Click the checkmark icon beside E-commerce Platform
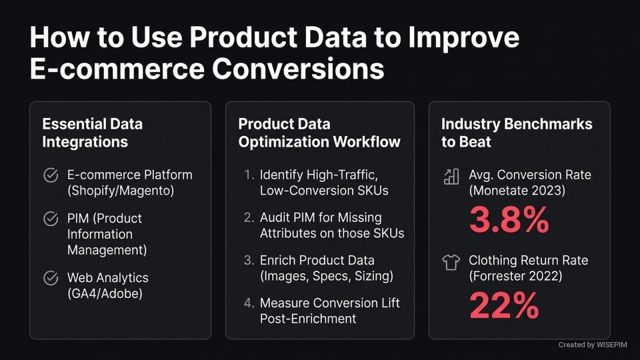pyautogui.click(x=50, y=175)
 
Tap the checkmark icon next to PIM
pyautogui.click(x=50, y=219)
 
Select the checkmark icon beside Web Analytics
pyautogui.click(x=50, y=278)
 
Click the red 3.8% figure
pyautogui.click(x=509, y=221)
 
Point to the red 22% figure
pyautogui.click(x=503, y=305)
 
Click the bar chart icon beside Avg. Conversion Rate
pyautogui.click(x=451, y=176)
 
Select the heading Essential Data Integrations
pyautogui.click(x=92, y=133)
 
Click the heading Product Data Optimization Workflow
pyautogui.click(x=319, y=133)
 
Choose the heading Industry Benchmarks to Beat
pyautogui.click(x=517, y=133)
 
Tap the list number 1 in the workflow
pyautogui.click(x=249, y=175)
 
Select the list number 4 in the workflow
pyautogui.click(x=249, y=303)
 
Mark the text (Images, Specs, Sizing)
pyautogui.click(x=327, y=276)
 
